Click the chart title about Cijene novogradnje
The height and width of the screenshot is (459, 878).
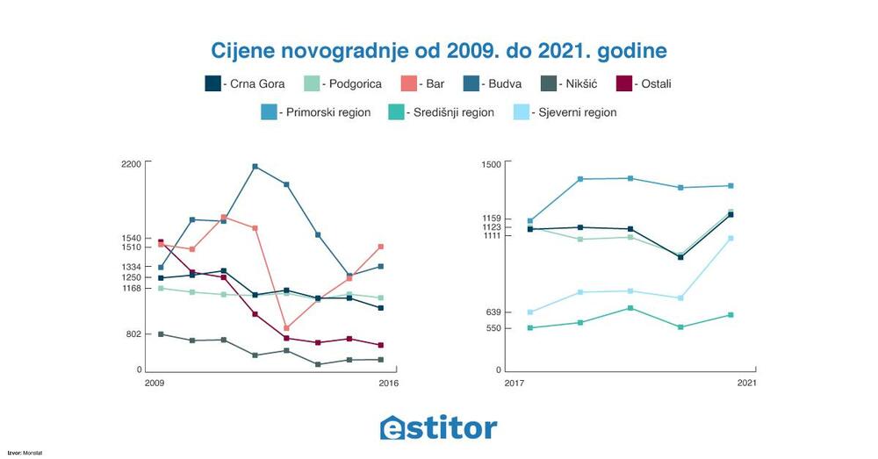point(439,49)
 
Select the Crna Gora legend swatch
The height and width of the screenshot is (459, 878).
point(212,84)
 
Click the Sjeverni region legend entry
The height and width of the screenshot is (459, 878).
point(572,112)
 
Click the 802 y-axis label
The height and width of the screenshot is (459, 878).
point(133,334)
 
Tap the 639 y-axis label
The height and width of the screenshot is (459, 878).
point(493,312)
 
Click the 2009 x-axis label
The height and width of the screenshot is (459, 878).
point(155,384)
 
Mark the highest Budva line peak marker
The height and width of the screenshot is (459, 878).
point(255,166)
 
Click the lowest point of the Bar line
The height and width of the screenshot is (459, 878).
point(287,328)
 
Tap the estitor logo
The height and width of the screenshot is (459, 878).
point(439,427)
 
